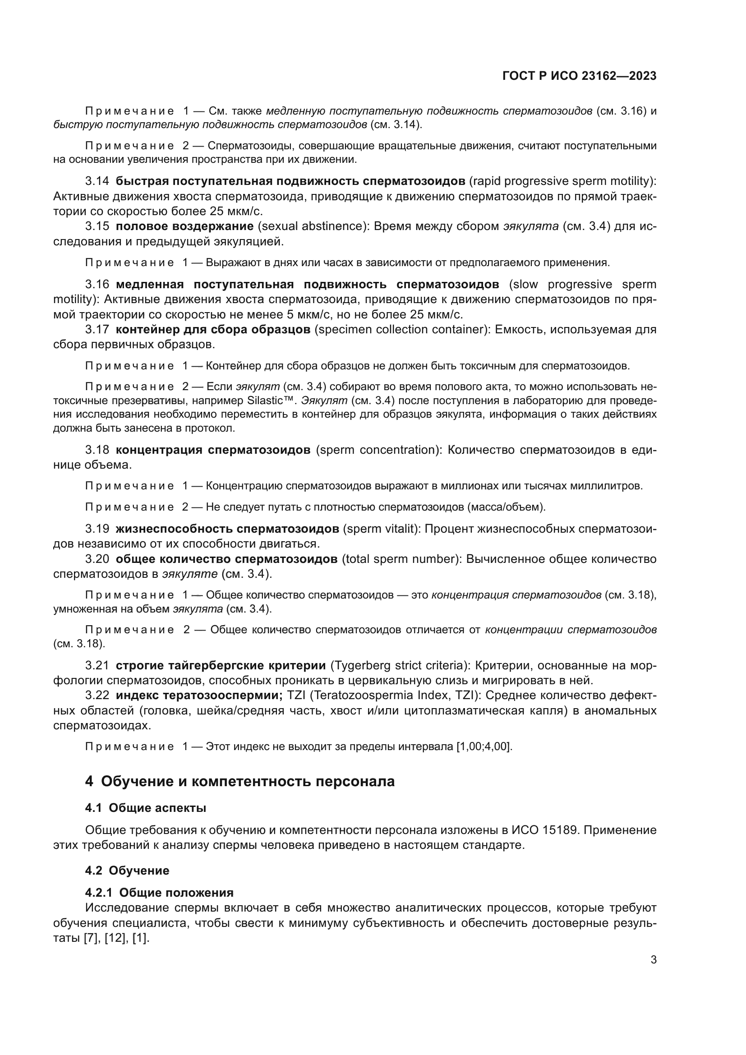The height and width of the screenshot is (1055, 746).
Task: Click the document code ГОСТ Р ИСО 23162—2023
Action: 579,76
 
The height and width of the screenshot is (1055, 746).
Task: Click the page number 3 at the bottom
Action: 654,960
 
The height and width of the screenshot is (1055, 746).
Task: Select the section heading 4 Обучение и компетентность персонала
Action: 240,781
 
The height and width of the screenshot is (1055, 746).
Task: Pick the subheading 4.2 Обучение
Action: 127,870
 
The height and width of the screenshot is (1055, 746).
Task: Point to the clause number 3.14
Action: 97,181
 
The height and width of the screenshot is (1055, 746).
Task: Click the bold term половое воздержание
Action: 184,226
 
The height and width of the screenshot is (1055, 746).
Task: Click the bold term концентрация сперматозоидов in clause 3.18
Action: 213,449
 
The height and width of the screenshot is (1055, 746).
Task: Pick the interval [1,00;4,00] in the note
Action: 483,746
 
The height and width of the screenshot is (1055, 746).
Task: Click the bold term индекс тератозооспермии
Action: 199,696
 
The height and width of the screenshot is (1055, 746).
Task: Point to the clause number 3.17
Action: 97,329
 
